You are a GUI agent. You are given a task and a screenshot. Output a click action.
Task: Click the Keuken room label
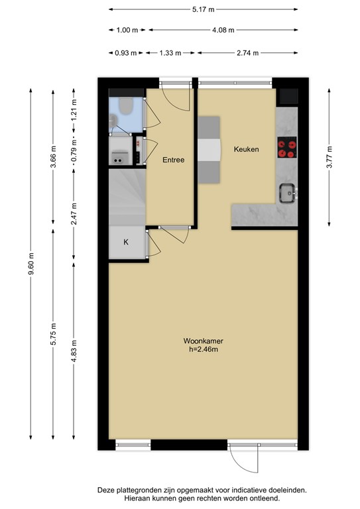tap(247, 149)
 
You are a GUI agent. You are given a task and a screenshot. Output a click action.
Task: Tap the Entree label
tap(173, 160)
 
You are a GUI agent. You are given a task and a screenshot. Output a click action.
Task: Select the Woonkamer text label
tap(204, 341)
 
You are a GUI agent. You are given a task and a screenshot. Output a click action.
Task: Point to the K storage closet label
tap(126, 242)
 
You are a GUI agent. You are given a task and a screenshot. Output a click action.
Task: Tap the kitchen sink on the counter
tap(287, 193)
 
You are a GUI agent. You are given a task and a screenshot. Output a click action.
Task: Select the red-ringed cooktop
tap(287, 147)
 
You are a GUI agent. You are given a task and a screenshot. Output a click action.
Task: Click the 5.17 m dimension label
tap(204, 9)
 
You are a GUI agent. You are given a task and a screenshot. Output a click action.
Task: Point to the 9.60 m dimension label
tap(31, 263)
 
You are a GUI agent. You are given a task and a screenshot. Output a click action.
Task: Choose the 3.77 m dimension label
tap(330, 157)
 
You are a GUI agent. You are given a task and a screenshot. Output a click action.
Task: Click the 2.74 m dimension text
tap(248, 53)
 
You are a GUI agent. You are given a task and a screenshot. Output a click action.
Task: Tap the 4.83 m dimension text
tap(74, 351)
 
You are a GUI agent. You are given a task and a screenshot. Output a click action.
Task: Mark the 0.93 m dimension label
tap(125, 53)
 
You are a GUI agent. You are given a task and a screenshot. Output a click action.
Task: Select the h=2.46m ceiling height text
tap(204, 350)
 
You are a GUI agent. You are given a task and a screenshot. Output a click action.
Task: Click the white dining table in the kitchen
tap(209, 150)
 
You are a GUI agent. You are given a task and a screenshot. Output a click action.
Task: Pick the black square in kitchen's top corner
tap(288, 96)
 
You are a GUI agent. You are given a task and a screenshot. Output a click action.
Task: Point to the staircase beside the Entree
tap(127, 197)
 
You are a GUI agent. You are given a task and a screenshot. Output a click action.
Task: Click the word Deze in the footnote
tap(105, 490)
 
